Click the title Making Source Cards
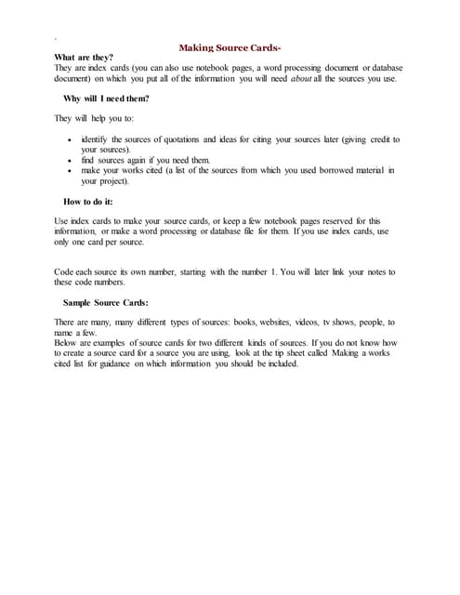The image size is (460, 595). point(230,46)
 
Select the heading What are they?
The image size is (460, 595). point(85,58)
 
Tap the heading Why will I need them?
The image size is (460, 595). point(106,98)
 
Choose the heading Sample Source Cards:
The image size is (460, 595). point(105,302)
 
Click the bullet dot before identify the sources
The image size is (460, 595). point(71,139)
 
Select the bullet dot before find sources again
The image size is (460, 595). point(71,160)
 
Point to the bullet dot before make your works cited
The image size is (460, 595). point(71,170)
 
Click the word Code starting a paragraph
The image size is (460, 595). point(65,271)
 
